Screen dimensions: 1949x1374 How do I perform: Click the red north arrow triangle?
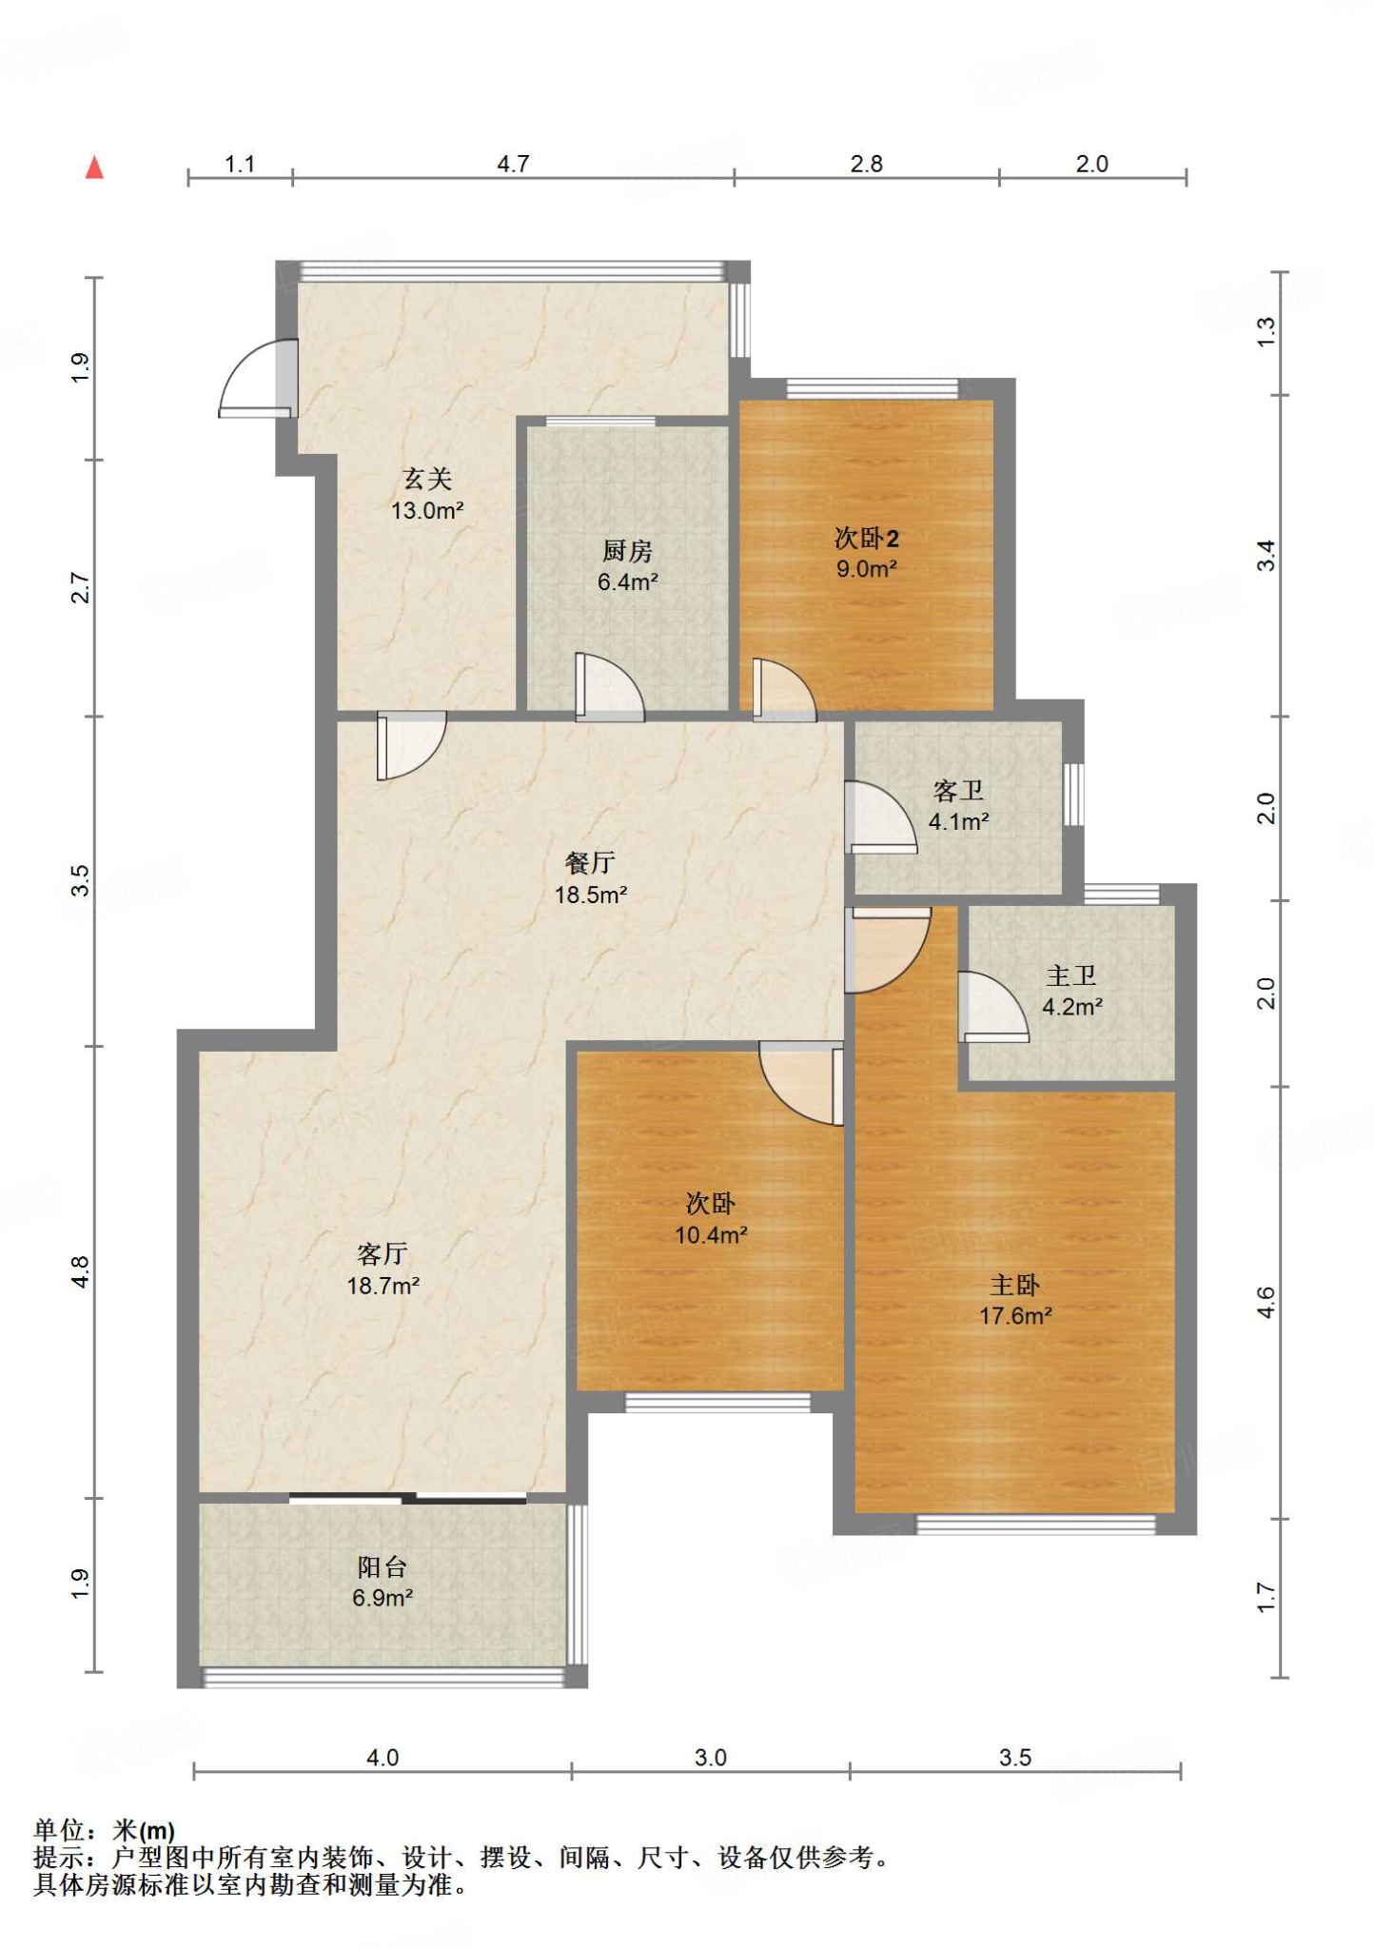(94, 168)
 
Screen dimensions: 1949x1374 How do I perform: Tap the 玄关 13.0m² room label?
(427, 494)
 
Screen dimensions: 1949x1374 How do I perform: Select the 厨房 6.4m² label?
(627, 565)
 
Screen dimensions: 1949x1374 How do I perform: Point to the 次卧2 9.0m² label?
(866, 553)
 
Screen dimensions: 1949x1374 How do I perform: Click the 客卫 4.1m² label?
(958, 805)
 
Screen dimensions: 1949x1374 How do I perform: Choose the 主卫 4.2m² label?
(1071, 991)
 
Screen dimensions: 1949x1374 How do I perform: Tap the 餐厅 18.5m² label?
(590, 878)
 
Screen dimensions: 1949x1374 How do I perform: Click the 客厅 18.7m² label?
(383, 1270)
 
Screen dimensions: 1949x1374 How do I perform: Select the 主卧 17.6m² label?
(1015, 1300)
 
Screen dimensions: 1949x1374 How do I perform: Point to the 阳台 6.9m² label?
(382, 1582)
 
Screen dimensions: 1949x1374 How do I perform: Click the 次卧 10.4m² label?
(710, 1219)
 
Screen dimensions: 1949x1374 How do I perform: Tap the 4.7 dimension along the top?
(512, 165)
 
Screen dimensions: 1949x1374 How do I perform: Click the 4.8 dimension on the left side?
(81, 1271)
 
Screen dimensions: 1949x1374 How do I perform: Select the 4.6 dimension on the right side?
(1265, 1301)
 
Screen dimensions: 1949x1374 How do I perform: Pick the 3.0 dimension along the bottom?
(710, 1757)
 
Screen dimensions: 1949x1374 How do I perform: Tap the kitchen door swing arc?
(609, 687)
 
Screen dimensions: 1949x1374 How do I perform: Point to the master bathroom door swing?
(991, 1007)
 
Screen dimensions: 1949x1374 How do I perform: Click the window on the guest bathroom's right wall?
(1073, 794)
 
